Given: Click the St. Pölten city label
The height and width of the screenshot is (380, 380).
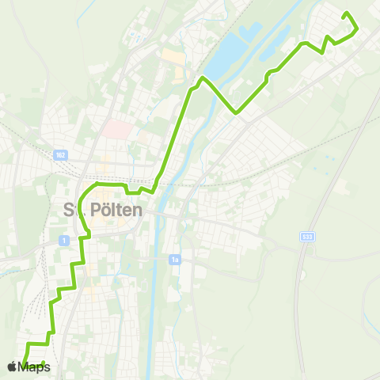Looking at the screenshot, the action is click(x=102, y=211).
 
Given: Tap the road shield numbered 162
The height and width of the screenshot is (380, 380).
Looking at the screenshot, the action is click(x=63, y=155).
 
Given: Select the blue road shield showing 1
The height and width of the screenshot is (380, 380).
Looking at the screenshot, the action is click(x=63, y=239).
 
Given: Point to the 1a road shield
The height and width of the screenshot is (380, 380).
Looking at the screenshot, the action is click(x=175, y=259).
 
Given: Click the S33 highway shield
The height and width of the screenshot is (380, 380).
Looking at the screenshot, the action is click(x=307, y=236).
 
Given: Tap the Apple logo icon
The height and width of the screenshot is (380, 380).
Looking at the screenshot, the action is click(x=12, y=367).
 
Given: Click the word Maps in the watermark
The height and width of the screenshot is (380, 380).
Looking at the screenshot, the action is click(x=34, y=367).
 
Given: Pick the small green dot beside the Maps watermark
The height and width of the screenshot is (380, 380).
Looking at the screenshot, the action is click(x=44, y=363).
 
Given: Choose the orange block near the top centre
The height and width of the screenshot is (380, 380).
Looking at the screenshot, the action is click(x=173, y=58).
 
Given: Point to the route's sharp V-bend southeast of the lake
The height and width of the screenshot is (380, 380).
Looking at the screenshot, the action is click(x=236, y=112).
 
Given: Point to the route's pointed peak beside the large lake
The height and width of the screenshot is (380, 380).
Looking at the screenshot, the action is click(x=203, y=78).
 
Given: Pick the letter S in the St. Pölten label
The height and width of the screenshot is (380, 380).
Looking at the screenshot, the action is click(x=69, y=211).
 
